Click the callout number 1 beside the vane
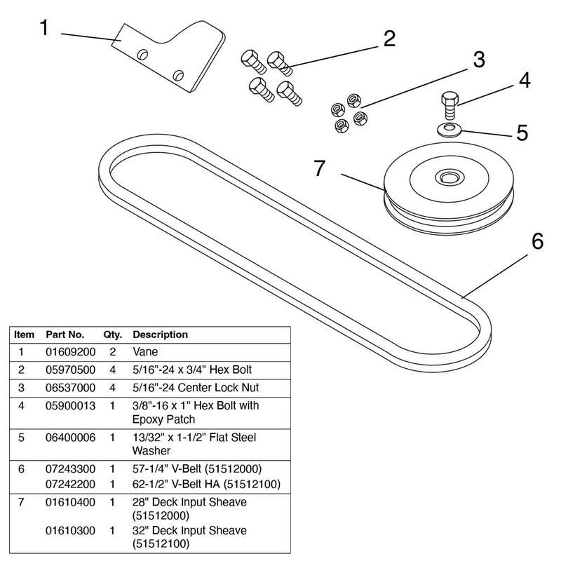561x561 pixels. pyautogui.click(x=44, y=29)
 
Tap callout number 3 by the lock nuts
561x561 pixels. pyautogui.click(x=479, y=60)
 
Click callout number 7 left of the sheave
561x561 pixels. pyautogui.click(x=320, y=169)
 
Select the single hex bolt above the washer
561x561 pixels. pyautogui.click(x=450, y=104)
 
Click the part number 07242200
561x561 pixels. pyautogui.click(x=70, y=485)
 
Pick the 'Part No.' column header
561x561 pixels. pyautogui.click(x=65, y=334)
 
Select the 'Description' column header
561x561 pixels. pyautogui.click(x=160, y=334)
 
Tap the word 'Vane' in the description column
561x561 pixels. pyautogui.click(x=144, y=352)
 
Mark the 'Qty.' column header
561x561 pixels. pyautogui.click(x=112, y=334)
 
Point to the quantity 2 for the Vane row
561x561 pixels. pyautogui.click(x=112, y=352)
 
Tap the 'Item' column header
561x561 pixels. pyautogui.click(x=24, y=334)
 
